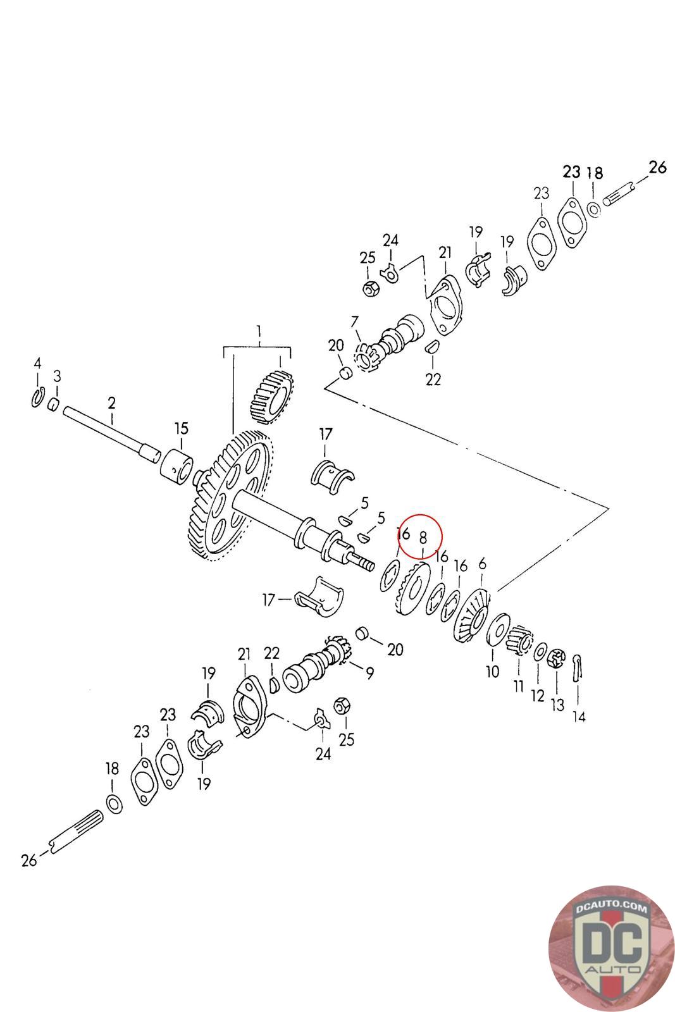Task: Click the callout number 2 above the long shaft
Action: pos(112,403)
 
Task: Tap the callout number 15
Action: pos(182,428)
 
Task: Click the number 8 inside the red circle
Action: pos(423,537)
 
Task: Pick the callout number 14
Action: pos(579,717)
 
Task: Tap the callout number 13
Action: pos(557,705)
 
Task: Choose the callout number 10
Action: pos(492,672)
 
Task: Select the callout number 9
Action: pos(369,674)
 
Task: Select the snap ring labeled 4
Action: pos(37,398)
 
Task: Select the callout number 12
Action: pos(537,696)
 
